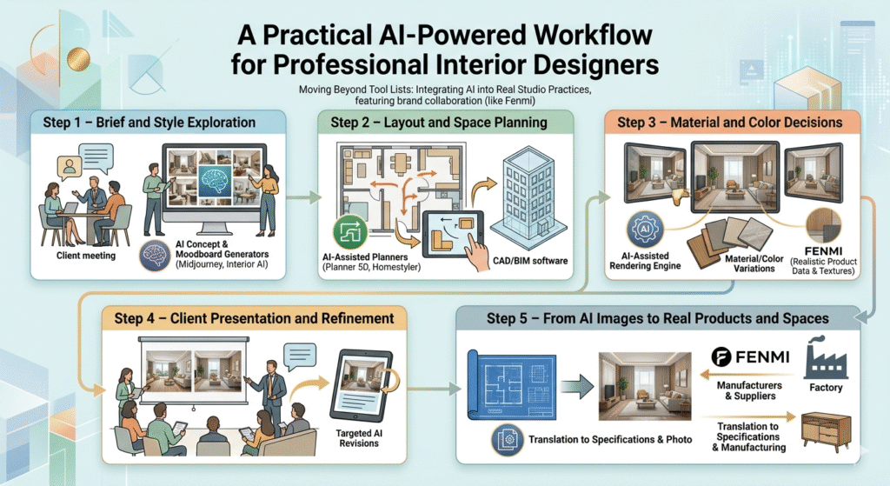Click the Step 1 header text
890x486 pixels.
pos(149,123)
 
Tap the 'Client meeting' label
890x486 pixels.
pos(86,256)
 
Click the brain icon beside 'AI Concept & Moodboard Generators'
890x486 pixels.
pos(155,256)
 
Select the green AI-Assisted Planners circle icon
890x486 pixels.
pos(350,231)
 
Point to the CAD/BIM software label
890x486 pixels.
pos(530,261)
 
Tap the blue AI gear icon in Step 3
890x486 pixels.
pos(645,229)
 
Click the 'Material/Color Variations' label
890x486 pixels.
pos(754,263)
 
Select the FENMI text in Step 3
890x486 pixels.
pos(824,251)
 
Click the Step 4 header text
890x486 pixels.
pos(254,318)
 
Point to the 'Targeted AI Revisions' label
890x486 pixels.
pos(359,437)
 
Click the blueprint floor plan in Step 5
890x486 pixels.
pos(511,385)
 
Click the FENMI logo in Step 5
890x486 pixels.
pos(750,357)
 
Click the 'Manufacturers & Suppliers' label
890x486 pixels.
pos(749,390)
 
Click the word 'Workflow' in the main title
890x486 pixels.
pos(591,35)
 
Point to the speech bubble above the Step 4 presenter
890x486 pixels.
pos(300,356)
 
